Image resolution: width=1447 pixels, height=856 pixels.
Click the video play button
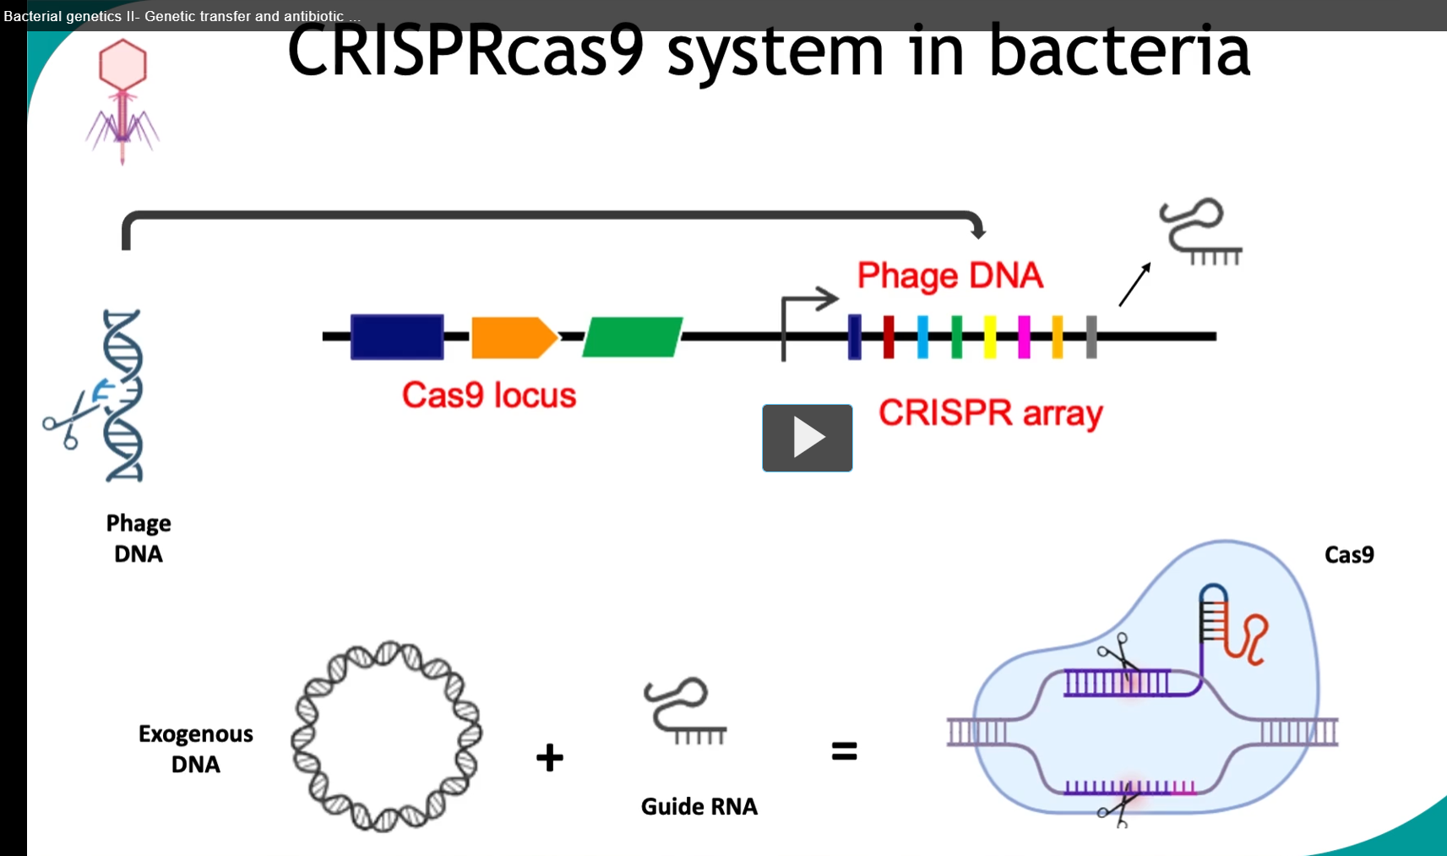pyautogui.click(x=807, y=438)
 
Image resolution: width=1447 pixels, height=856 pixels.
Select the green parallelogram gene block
pyautogui.click(x=632, y=337)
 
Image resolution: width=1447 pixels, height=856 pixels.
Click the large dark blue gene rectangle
pyautogui.click(x=397, y=337)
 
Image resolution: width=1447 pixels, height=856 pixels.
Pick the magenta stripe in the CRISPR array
pyautogui.click(x=1024, y=337)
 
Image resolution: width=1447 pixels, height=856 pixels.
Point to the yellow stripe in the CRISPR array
pyautogui.click(x=990, y=337)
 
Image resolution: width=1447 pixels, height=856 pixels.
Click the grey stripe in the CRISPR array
pyautogui.click(x=1091, y=337)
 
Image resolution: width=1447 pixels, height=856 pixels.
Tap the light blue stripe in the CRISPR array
pyautogui.click(x=922, y=337)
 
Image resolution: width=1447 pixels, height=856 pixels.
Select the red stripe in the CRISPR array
pyautogui.click(x=889, y=337)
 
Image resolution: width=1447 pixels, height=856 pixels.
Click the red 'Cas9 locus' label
pyautogui.click(x=489, y=395)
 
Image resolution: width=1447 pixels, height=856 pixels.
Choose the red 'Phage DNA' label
pyautogui.click(x=949, y=275)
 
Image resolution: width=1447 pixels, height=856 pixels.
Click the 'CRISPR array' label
pyautogui.click(x=990, y=413)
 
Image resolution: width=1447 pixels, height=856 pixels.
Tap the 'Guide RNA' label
pyautogui.click(x=699, y=807)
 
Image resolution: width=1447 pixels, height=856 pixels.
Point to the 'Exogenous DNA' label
pyautogui.click(x=196, y=749)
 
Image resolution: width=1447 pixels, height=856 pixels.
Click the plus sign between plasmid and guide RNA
pyautogui.click(x=550, y=757)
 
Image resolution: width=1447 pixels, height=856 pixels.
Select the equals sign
pyautogui.click(x=844, y=751)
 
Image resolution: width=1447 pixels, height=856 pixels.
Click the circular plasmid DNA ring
pyautogui.click(x=306, y=735)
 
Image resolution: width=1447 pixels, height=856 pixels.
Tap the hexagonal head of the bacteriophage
pyautogui.click(x=122, y=64)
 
